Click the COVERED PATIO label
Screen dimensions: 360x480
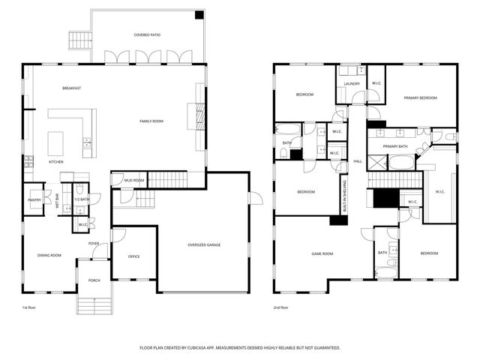147,35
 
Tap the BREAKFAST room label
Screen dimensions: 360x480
72,88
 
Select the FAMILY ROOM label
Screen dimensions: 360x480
151,121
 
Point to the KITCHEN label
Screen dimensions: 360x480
56,162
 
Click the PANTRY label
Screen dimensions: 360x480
34,200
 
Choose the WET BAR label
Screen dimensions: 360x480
56,200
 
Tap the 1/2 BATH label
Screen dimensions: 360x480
81,199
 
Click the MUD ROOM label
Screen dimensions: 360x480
134,181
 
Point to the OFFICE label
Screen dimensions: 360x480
133,256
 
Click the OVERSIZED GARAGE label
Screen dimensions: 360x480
204,245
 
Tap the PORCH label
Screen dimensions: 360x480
94,280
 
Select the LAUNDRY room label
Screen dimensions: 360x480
352,84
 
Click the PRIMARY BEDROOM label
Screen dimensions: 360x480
421,98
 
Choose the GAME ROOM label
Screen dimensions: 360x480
322,254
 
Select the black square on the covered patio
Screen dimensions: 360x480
199,15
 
